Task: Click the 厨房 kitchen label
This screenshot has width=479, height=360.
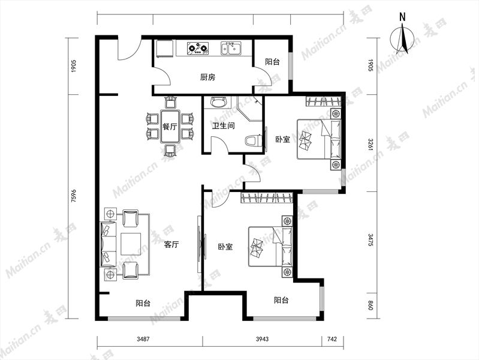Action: [x=208, y=77]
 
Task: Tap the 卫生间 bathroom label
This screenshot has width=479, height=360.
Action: [x=223, y=125]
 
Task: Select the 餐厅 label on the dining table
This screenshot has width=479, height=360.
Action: [x=170, y=127]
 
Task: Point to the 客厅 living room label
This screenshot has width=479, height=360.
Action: [x=171, y=244]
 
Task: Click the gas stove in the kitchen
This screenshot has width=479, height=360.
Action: [x=198, y=49]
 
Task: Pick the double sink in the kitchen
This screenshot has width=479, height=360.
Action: [x=231, y=49]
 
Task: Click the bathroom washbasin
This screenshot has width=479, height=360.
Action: [x=218, y=102]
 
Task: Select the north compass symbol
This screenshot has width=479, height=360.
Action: [x=402, y=38]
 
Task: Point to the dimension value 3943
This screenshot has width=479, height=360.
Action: [x=262, y=338]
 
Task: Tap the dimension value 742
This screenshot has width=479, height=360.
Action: [x=332, y=338]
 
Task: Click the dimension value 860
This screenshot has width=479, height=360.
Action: [x=370, y=305]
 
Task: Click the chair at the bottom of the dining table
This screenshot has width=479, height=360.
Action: [x=170, y=150]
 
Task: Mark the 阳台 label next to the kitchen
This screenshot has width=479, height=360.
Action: [x=272, y=62]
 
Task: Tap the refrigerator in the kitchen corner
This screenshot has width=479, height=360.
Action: [x=165, y=49]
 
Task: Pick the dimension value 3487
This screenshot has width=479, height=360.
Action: [x=143, y=338]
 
